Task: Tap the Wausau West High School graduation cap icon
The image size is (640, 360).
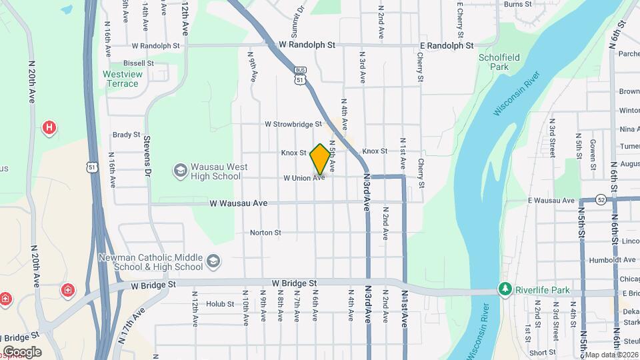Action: (180, 171)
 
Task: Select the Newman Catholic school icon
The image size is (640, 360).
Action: (213, 260)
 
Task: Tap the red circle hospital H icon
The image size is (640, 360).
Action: (49, 127)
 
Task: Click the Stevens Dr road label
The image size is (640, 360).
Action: (147, 157)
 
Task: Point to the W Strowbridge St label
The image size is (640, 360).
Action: (293, 124)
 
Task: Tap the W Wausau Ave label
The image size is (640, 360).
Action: (238, 203)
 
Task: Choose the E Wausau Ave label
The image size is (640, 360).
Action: (551, 200)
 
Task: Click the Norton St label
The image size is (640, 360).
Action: (265, 233)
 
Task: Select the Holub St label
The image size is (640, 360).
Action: (220, 304)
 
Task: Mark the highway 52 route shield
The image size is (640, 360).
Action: (601, 199)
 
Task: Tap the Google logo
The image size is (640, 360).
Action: (22, 352)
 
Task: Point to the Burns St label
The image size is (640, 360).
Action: (518, 4)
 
